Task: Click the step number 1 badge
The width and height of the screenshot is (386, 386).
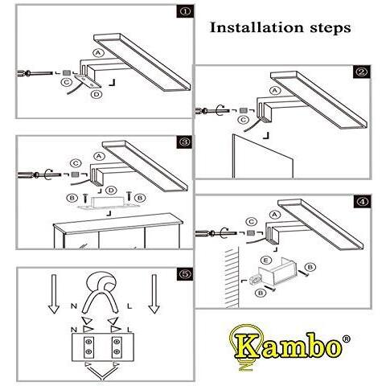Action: click(185, 11)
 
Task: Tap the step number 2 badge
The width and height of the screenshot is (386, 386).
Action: click(362, 72)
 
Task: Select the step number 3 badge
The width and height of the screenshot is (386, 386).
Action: click(185, 142)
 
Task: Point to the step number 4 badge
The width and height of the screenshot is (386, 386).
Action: click(362, 202)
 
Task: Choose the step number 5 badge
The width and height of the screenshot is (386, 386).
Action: click(185, 274)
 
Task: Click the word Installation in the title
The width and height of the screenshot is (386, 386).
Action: click(257, 27)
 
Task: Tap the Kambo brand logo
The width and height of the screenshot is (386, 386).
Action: click(289, 347)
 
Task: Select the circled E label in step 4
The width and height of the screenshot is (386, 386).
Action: click(265, 261)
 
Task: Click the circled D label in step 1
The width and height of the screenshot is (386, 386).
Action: click(96, 94)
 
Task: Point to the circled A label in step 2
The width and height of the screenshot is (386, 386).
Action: click(275, 91)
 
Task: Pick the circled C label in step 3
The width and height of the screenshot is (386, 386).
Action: click(76, 164)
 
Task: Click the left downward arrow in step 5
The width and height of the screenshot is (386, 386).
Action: click(54, 294)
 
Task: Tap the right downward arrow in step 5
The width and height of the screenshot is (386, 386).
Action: click(154, 294)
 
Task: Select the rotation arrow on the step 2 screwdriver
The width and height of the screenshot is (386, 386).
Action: click(220, 110)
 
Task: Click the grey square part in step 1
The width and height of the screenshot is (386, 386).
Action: click(66, 72)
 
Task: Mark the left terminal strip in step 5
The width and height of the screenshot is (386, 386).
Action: click(88, 347)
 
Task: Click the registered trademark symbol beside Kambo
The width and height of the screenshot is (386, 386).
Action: click(347, 339)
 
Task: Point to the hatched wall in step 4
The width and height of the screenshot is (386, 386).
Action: click(232, 278)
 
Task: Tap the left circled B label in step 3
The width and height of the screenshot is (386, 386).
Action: click(72, 199)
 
